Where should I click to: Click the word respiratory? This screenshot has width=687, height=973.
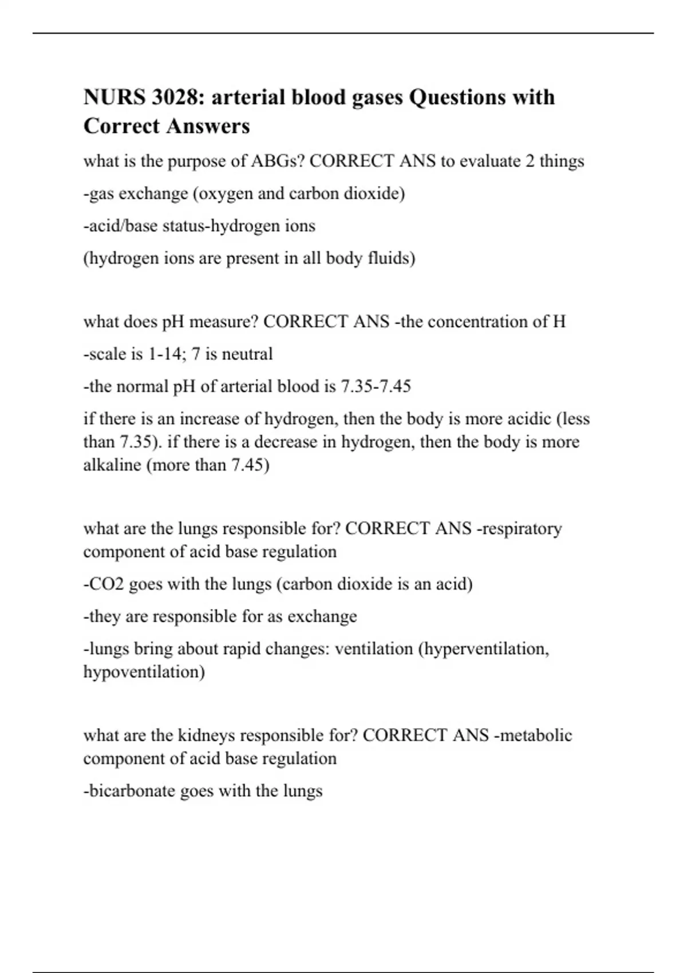click(x=522, y=528)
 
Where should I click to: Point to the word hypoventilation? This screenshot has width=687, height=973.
click(x=144, y=672)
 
